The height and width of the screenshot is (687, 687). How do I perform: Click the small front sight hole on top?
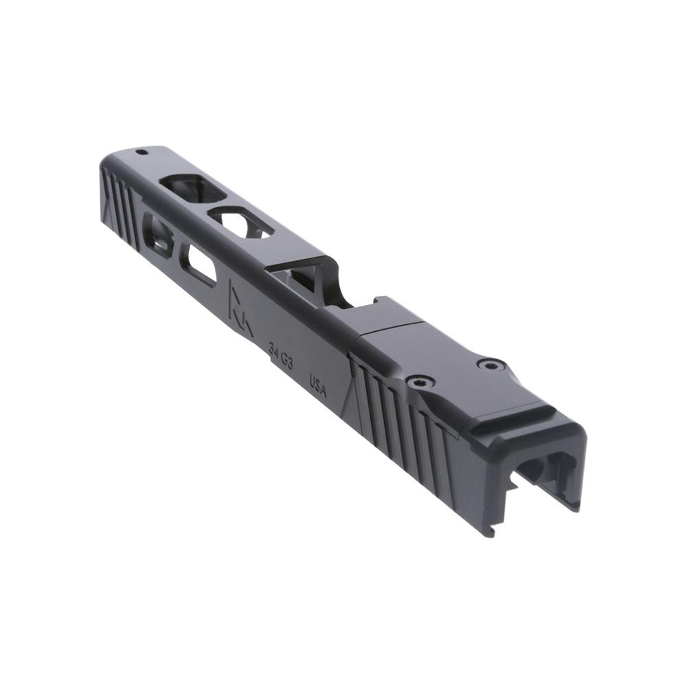tap(141, 152)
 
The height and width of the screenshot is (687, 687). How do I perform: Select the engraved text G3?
tap(286, 362)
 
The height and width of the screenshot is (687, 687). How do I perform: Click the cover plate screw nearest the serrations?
tap(418, 381)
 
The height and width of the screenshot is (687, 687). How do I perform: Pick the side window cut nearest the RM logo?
tap(198, 264)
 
